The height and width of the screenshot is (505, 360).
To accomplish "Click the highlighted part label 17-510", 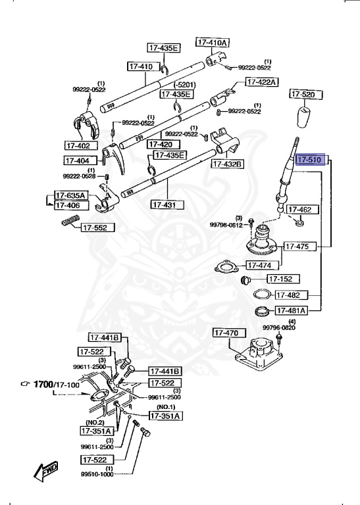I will pos(309,160).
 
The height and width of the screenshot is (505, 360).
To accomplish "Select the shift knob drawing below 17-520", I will pos(304,117).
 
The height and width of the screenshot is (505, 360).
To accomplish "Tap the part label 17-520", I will pos(303,95).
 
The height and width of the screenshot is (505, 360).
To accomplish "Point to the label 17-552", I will pos(98,228).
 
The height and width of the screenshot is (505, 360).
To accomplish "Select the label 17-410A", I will pos(212,42).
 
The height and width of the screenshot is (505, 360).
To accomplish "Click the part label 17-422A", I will pos(262,82).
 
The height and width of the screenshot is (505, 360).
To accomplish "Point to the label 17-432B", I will pos(226,164).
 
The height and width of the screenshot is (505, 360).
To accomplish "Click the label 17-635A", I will pos(70,195).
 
